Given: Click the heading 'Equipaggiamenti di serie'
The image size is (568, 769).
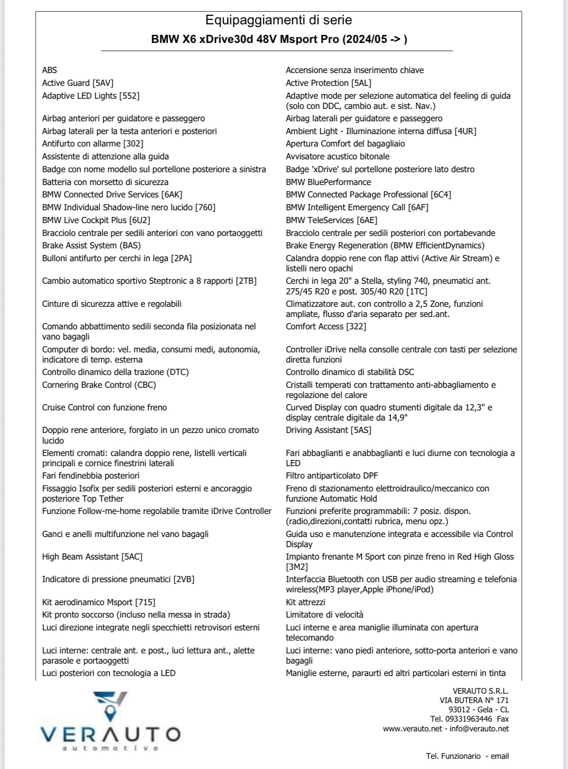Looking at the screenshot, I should (279, 20).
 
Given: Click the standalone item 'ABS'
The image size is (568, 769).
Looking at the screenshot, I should (50, 70).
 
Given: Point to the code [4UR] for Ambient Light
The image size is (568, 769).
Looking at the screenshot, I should (465, 131).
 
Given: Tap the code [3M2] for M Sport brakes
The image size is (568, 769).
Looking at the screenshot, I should (297, 567).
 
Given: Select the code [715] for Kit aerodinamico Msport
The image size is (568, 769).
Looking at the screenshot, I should (145, 603).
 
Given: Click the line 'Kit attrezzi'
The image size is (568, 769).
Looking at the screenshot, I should (305, 603).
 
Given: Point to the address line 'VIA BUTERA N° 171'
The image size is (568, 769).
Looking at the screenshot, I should (474, 700).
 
